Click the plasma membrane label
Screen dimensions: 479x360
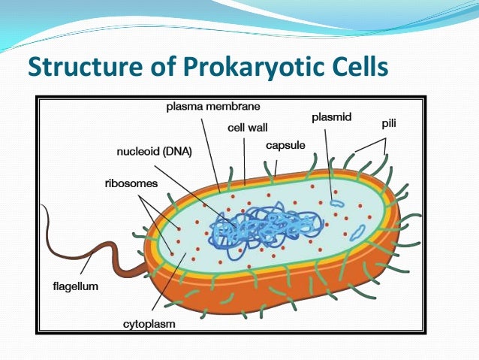(208, 106)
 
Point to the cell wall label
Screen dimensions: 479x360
(247, 128)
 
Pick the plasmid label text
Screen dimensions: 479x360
(331, 117)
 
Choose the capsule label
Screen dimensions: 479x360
(285, 145)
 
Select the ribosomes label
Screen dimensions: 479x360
(130, 183)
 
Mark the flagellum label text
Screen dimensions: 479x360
(75, 286)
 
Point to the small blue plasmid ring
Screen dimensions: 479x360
(338, 202)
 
